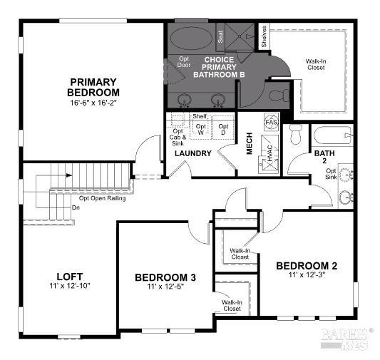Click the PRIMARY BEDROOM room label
[x=94, y=87]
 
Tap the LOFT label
[x=70, y=276]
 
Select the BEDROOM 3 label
[x=165, y=277]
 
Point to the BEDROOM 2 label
[x=307, y=266]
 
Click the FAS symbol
[x=271, y=122]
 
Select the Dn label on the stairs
[x=76, y=207]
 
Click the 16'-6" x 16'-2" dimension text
[x=94, y=103]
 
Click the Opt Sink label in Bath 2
[x=332, y=175]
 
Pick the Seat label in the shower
[x=220, y=34]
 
